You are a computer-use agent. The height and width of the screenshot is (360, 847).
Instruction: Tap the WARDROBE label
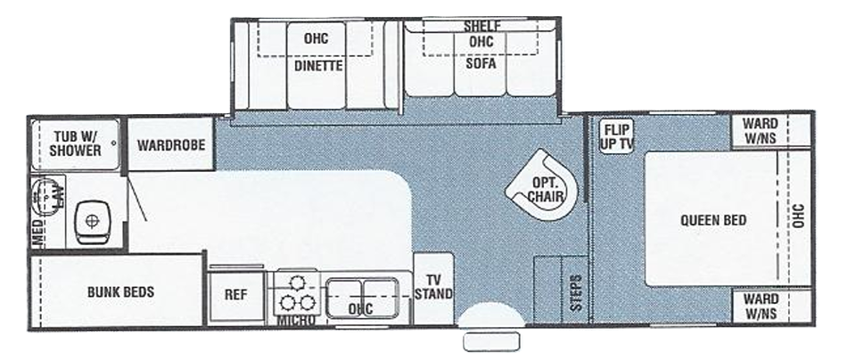[x=171, y=144]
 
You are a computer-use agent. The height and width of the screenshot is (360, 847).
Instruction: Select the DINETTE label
[x=314, y=64]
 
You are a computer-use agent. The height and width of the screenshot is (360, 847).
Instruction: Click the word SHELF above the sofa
[x=481, y=26]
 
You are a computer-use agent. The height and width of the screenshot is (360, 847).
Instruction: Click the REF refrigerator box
[x=236, y=294]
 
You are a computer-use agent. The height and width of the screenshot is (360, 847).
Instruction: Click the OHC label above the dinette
[x=316, y=39]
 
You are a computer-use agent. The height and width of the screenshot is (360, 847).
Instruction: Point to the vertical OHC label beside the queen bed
[x=799, y=217]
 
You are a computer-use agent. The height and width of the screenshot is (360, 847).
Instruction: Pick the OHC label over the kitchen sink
[x=360, y=309]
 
